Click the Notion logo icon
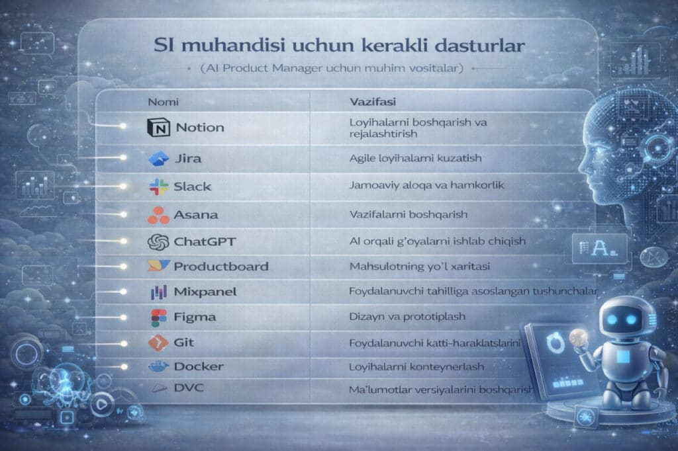click(x=158, y=128)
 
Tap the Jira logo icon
click(x=158, y=159)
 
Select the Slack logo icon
click(x=159, y=186)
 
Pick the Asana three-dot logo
click(x=158, y=215)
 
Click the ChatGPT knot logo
click(x=158, y=242)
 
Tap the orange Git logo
click(x=158, y=343)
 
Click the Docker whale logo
click(x=158, y=367)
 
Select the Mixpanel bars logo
click(x=159, y=292)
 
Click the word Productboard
click(x=221, y=266)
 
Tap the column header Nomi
click(x=163, y=102)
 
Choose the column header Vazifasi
click(x=373, y=102)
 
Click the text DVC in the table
click(x=189, y=388)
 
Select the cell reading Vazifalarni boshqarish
click(x=408, y=214)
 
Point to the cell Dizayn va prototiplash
click(x=407, y=317)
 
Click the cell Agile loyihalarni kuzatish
click(x=416, y=158)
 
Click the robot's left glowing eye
click(x=612, y=319)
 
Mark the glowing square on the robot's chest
click(x=623, y=357)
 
